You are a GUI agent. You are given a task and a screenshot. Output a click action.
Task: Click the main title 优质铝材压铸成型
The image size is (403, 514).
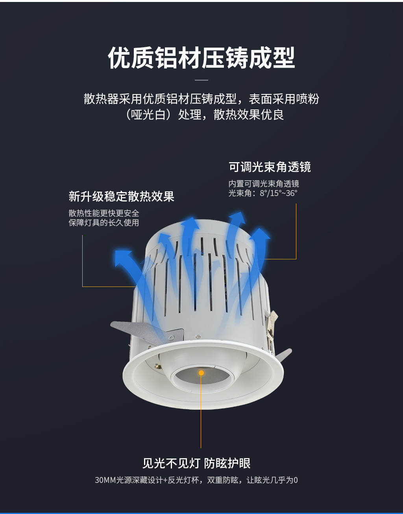(x=201, y=57)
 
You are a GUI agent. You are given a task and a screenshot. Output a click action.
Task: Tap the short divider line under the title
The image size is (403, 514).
(x=201, y=80)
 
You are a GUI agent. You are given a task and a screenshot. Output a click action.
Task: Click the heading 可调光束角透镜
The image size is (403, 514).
(x=270, y=167)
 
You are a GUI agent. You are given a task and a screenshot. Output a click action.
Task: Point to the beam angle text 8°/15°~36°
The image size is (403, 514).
(x=278, y=193)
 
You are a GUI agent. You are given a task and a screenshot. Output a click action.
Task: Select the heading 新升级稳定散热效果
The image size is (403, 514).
(x=122, y=196)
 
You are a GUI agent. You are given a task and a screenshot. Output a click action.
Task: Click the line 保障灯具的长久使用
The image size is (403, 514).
(x=104, y=223)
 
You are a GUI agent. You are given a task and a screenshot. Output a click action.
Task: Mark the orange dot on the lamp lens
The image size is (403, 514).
(x=201, y=373)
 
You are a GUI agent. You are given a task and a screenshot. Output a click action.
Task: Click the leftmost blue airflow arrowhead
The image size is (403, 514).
(x=123, y=258)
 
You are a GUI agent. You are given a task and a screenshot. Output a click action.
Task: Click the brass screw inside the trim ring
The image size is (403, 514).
(x=158, y=367)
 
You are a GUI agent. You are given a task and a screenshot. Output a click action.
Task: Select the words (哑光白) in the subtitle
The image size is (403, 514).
(x=148, y=115)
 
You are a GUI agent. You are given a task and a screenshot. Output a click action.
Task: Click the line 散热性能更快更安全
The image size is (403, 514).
(x=104, y=213)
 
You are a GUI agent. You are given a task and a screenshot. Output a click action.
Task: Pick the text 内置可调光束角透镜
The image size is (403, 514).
(x=264, y=183)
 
